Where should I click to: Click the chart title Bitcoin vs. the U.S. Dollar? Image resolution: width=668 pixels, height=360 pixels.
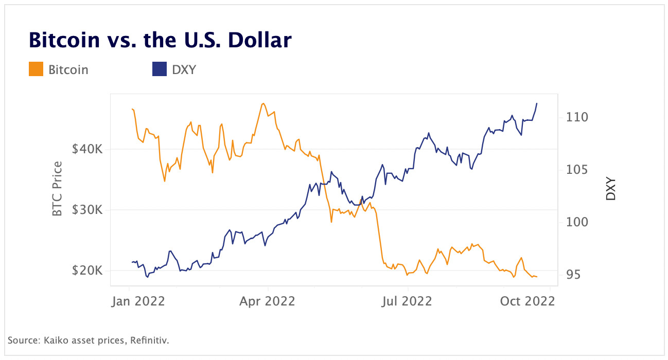click(x=160, y=40)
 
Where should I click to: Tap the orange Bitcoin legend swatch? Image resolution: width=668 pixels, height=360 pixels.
click(x=36, y=69)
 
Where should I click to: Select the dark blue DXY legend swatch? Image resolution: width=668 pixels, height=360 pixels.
click(x=160, y=69)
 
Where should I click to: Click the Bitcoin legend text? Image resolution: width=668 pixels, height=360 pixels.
click(x=68, y=69)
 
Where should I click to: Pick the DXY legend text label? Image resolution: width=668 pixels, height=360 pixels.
click(x=184, y=69)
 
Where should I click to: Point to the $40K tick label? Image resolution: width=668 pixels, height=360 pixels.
click(x=87, y=149)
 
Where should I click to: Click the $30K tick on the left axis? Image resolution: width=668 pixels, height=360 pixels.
click(x=87, y=210)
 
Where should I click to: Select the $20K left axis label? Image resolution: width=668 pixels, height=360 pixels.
click(x=87, y=271)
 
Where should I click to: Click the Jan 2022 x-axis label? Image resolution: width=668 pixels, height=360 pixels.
click(x=138, y=301)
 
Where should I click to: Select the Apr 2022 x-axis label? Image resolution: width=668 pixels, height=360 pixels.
click(x=267, y=301)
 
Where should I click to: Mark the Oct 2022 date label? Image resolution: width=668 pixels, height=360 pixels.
click(x=528, y=301)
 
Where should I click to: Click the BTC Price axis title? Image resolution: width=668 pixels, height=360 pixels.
click(x=58, y=189)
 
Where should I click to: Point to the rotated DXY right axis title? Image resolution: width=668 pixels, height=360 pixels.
click(x=610, y=189)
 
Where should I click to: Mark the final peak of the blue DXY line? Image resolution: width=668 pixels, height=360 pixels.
click(x=537, y=103)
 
